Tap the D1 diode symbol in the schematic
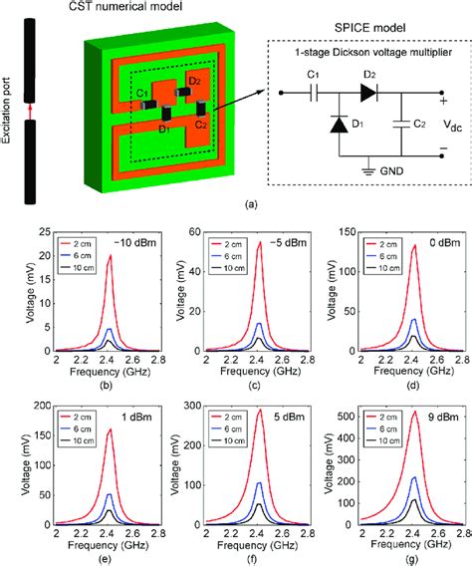tap(338, 126)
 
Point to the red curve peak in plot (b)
tap(110, 255)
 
